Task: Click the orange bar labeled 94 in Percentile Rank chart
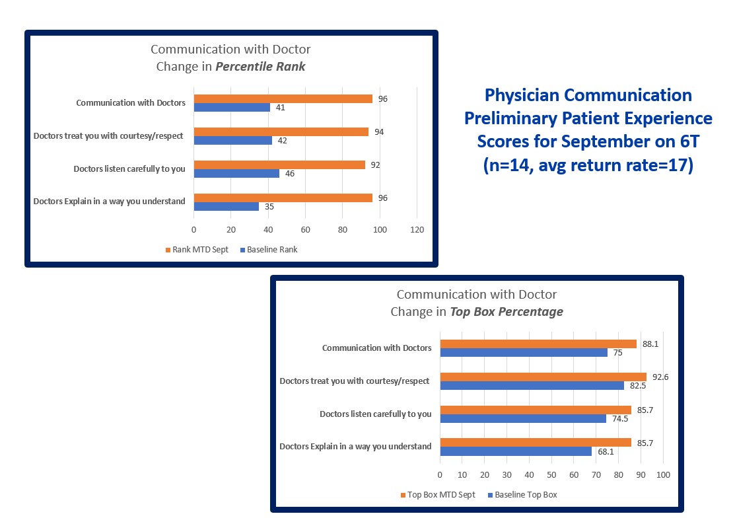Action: point(281,131)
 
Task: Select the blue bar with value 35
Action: point(226,206)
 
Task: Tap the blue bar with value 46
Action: point(236,173)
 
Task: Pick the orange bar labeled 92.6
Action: point(543,377)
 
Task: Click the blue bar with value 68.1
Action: point(516,451)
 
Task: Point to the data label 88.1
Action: point(648,344)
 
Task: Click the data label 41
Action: point(280,107)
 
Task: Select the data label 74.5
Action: point(618,418)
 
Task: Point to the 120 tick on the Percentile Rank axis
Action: point(417,230)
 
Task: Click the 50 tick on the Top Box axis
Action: point(551,475)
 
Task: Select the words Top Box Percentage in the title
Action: point(506,312)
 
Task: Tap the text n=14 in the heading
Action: point(508,165)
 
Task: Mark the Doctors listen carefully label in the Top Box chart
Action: point(375,414)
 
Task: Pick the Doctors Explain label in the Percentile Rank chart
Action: point(109,202)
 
